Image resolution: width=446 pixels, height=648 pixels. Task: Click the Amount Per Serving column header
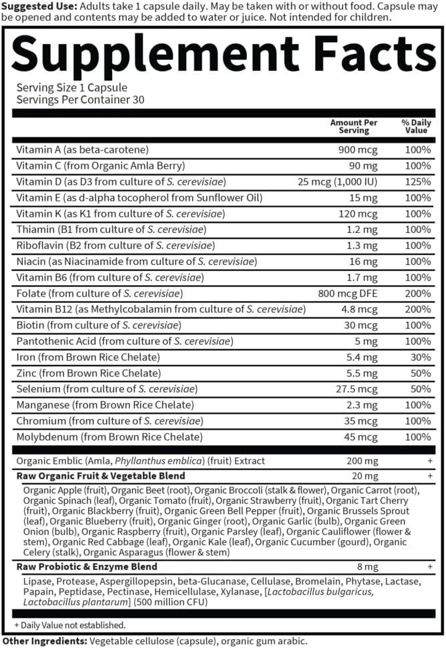click(x=353, y=127)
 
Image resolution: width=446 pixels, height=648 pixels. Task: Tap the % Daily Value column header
click(x=417, y=127)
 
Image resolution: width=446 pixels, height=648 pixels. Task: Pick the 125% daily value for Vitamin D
click(x=419, y=182)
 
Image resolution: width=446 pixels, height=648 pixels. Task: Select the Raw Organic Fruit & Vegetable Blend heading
click(x=101, y=476)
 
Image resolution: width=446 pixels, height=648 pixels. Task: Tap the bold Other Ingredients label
click(x=42, y=640)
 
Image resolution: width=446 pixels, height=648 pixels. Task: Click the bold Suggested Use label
click(x=39, y=6)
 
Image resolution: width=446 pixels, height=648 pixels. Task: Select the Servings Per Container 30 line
click(x=81, y=99)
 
